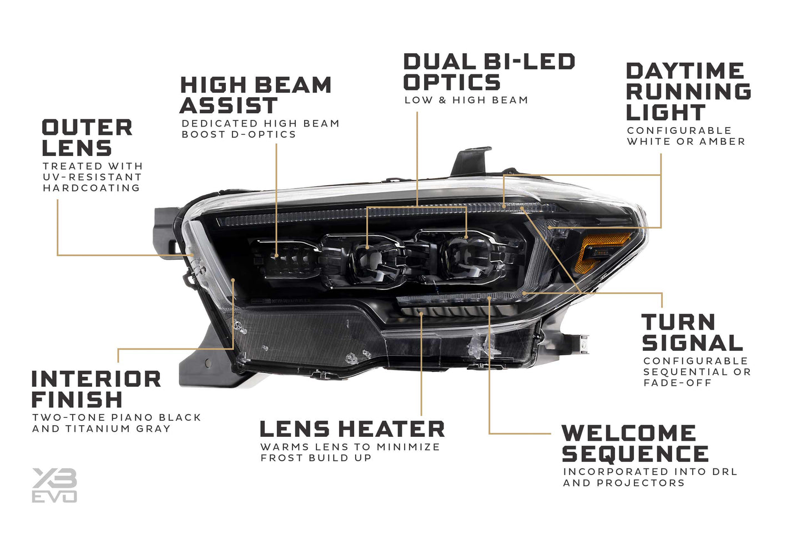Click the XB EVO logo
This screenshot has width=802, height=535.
tap(54, 485)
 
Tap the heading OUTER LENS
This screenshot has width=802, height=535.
tap(87, 138)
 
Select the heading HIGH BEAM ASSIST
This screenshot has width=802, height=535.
tap(256, 95)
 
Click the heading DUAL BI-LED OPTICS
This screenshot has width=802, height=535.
tap(489, 72)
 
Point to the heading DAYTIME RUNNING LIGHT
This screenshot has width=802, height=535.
tap(688, 92)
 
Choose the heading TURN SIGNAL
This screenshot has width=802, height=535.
tap(692, 332)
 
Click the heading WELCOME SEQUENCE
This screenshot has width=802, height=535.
tap(635, 443)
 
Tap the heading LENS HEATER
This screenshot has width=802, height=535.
tap(352, 429)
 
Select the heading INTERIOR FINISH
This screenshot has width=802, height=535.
tap(97, 389)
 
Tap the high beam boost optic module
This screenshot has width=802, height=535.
tap(286, 259)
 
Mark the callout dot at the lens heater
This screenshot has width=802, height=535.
tap(422, 314)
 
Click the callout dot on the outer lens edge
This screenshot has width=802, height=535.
tap(192, 255)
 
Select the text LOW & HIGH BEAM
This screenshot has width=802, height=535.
tap(466, 100)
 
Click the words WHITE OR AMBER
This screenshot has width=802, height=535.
tap(686, 142)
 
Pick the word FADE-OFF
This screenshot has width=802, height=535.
tap(678, 383)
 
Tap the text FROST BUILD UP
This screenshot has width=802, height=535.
tap(316, 458)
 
